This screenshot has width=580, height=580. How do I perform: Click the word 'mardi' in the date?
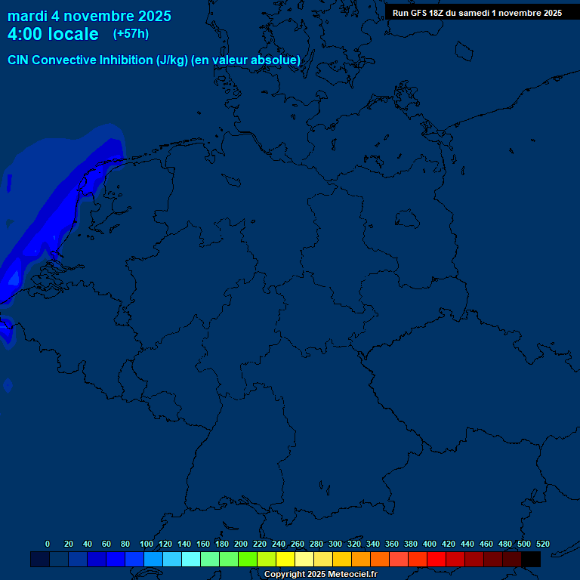(27, 17)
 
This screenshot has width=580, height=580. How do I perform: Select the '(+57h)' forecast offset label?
(131, 34)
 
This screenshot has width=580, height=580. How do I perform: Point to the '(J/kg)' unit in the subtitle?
(172, 60)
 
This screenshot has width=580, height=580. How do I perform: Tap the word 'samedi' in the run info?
(474, 13)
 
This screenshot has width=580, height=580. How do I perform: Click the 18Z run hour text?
(437, 13)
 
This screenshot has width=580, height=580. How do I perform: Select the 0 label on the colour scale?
(48, 544)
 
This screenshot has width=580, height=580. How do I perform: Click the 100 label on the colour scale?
(147, 544)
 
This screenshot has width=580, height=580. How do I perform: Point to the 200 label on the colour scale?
(241, 544)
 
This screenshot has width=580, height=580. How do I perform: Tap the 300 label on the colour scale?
(335, 544)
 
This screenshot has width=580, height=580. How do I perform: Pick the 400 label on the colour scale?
(430, 544)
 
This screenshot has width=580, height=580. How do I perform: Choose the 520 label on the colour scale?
(543, 544)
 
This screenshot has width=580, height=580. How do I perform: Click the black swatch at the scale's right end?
(531, 559)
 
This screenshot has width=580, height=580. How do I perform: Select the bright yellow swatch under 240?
(285, 559)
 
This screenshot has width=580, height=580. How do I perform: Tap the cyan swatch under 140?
(191, 559)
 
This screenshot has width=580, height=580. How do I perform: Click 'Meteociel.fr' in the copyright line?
(353, 575)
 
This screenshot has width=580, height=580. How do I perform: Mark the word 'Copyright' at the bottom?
(284, 575)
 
